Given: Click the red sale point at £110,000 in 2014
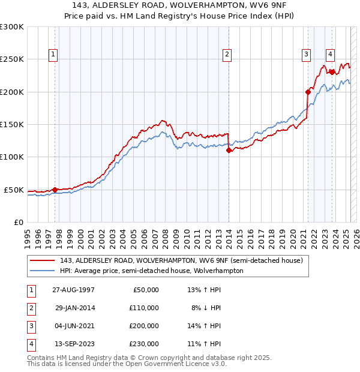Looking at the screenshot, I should [229, 151].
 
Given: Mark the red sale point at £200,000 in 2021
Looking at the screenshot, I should [307, 92].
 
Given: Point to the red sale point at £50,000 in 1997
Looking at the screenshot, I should [55, 190].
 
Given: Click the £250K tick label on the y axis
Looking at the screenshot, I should [11, 59].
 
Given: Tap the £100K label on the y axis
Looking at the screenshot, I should [11, 157].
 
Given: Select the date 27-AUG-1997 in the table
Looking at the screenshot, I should [74, 290].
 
